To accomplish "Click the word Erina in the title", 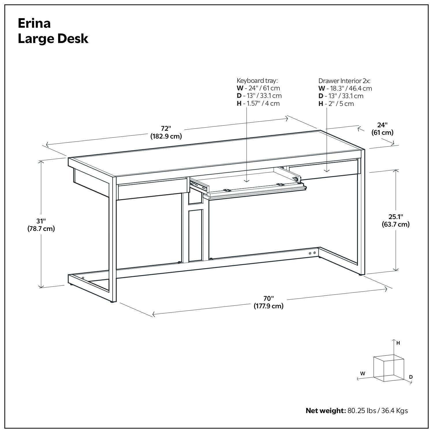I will coord(34,23).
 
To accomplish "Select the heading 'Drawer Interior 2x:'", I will coord(344,81).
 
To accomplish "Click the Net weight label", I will coord(325,410).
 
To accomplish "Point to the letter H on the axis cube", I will coord(398,343).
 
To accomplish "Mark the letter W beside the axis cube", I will coord(363,374).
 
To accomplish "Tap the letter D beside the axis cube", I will coord(411,377).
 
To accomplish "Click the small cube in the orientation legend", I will coord(388,369).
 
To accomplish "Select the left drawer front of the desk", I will coord(152,189).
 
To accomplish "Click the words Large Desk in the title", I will coord(53,39).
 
